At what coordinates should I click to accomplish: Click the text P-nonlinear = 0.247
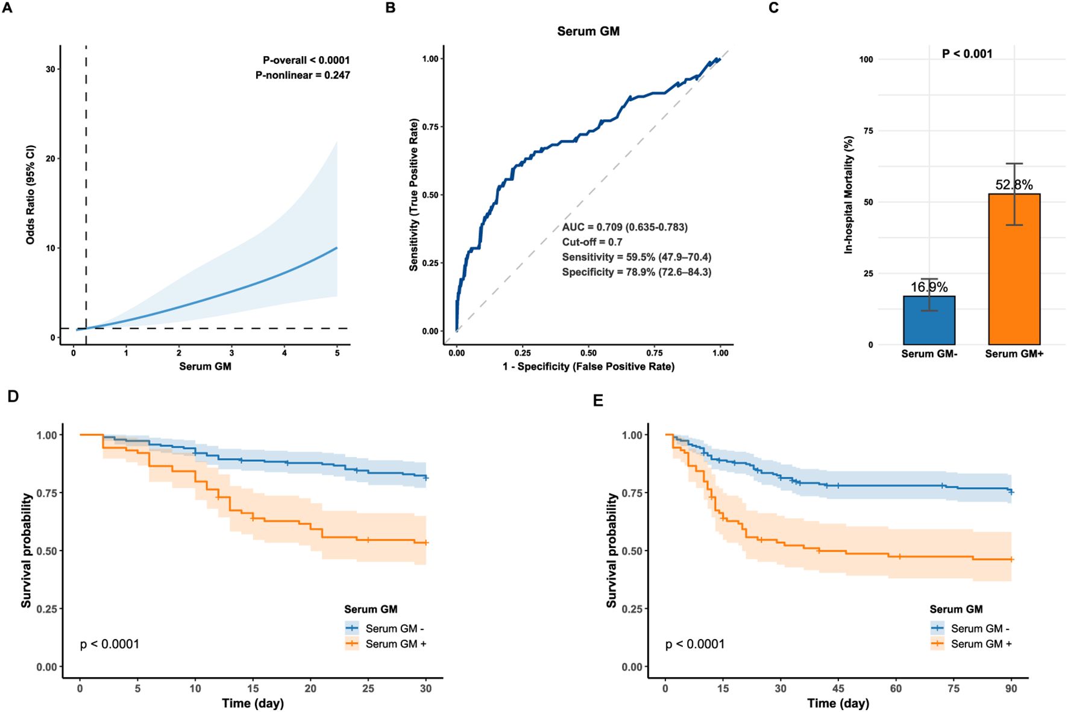click(x=303, y=75)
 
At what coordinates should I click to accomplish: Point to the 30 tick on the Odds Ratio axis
click(x=51, y=69)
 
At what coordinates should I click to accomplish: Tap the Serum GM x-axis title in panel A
click(x=205, y=367)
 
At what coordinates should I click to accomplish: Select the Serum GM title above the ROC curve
click(x=588, y=31)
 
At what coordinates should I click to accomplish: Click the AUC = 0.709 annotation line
click(x=624, y=227)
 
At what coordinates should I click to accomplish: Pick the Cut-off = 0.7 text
click(x=592, y=242)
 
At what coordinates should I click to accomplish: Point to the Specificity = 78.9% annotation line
click(x=636, y=273)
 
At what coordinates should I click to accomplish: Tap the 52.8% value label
click(x=1014, y=185)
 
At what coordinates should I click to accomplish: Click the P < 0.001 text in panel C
click(x=967, y=54)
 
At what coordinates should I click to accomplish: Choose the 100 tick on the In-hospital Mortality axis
click(x=866, y=60)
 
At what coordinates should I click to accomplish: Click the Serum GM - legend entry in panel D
click(x=394, y=629)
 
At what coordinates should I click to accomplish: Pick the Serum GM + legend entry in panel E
click(x=981, y=644)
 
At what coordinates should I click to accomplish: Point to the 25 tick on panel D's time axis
click(x=368, y=688)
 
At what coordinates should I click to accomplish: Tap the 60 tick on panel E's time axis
click(x=896, y=688)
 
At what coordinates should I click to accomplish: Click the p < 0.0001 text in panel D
click(x=110, y=644)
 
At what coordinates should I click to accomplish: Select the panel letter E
click(x=598, y=400)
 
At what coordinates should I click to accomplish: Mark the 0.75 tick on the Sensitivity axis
click(x=430, y=127)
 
